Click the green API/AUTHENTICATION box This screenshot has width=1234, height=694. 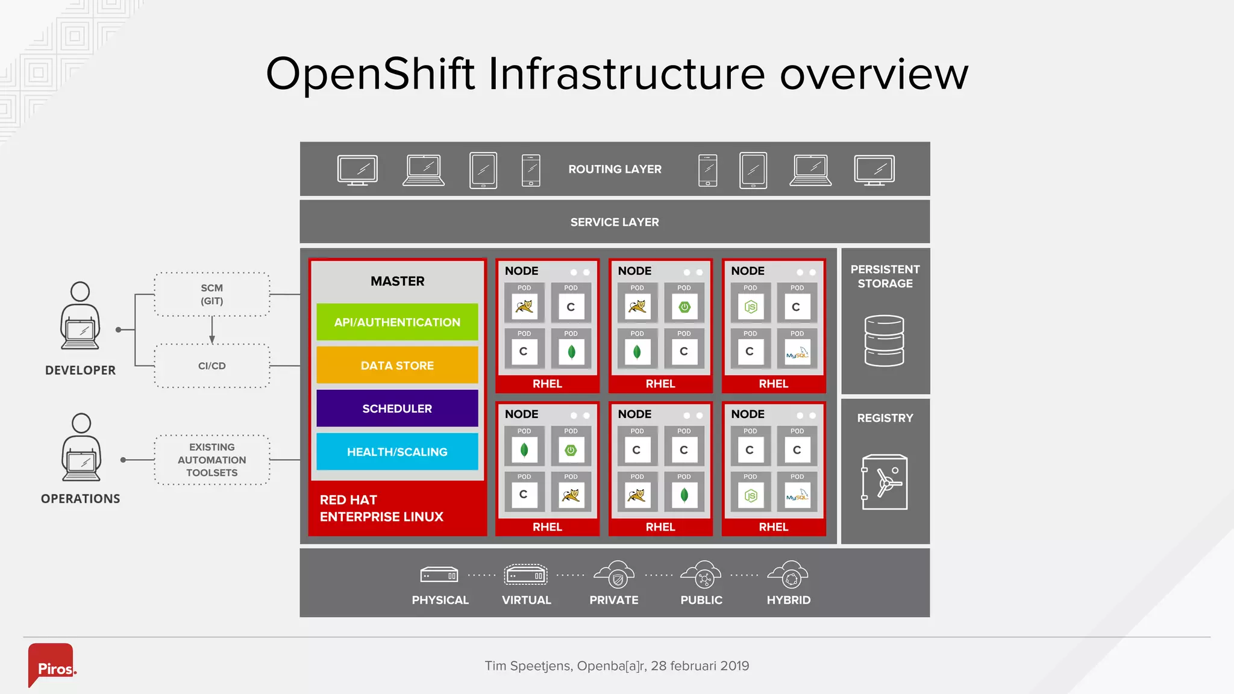tap(397, 322)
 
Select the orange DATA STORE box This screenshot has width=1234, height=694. tap(397, 365)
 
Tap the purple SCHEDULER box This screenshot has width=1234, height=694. tap(397, 408)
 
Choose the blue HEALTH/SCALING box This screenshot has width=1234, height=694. tap(397, 452)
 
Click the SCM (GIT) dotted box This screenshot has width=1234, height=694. tap(211, 294)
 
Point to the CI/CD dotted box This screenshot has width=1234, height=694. tap(211, 366)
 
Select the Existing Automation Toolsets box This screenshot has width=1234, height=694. tap(211, 460)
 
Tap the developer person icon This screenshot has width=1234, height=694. tap(80, 316)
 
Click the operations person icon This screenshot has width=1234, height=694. tap(81, 447)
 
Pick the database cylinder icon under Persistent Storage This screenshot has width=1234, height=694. tap(884, 341)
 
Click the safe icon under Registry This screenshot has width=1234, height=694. tap(884, 482)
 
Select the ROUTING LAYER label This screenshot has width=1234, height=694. tap(615, 169)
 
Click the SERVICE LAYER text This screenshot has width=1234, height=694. tap(615, 222)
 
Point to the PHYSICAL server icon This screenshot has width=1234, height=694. tap(439, 575)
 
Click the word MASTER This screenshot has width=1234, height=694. tap(397, 281)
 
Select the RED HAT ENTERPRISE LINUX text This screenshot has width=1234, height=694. tap(381, 508)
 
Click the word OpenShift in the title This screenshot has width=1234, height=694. tap(371, 73)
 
